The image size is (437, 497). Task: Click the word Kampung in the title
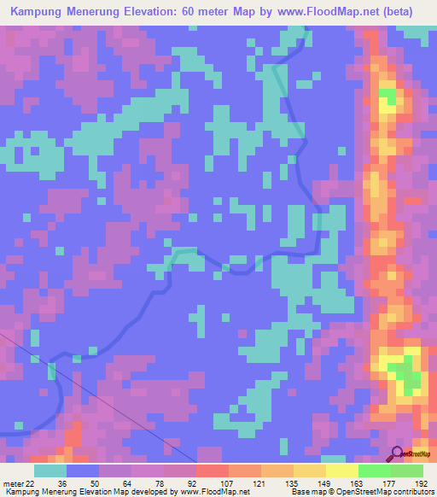click(x=42, y=12)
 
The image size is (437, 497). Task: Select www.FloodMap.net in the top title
click(x=343, y=12)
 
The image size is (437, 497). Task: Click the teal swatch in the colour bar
click(x=50, y=471)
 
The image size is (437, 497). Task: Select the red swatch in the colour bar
click(x=212, y=471)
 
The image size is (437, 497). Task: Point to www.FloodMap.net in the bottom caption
click(x=212, y=492)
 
